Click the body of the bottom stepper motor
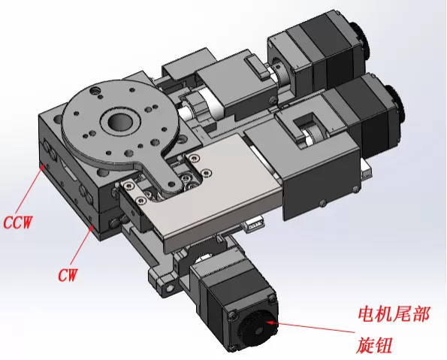(x=225, y=301)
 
